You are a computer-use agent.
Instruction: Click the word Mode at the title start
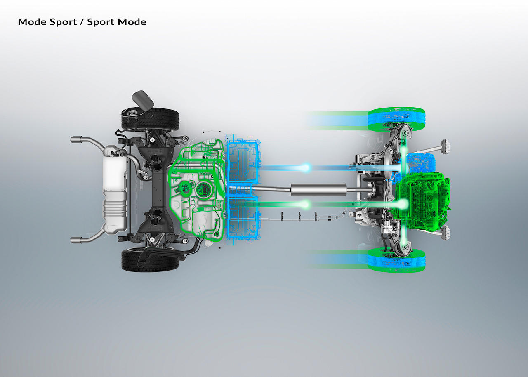[32, 22]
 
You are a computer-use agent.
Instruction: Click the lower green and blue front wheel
[396, 260]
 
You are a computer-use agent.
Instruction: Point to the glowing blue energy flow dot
[306, 167]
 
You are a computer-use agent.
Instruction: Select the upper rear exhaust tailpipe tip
[77, 140]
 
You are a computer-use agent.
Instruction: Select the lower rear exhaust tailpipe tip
[77, 240]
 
